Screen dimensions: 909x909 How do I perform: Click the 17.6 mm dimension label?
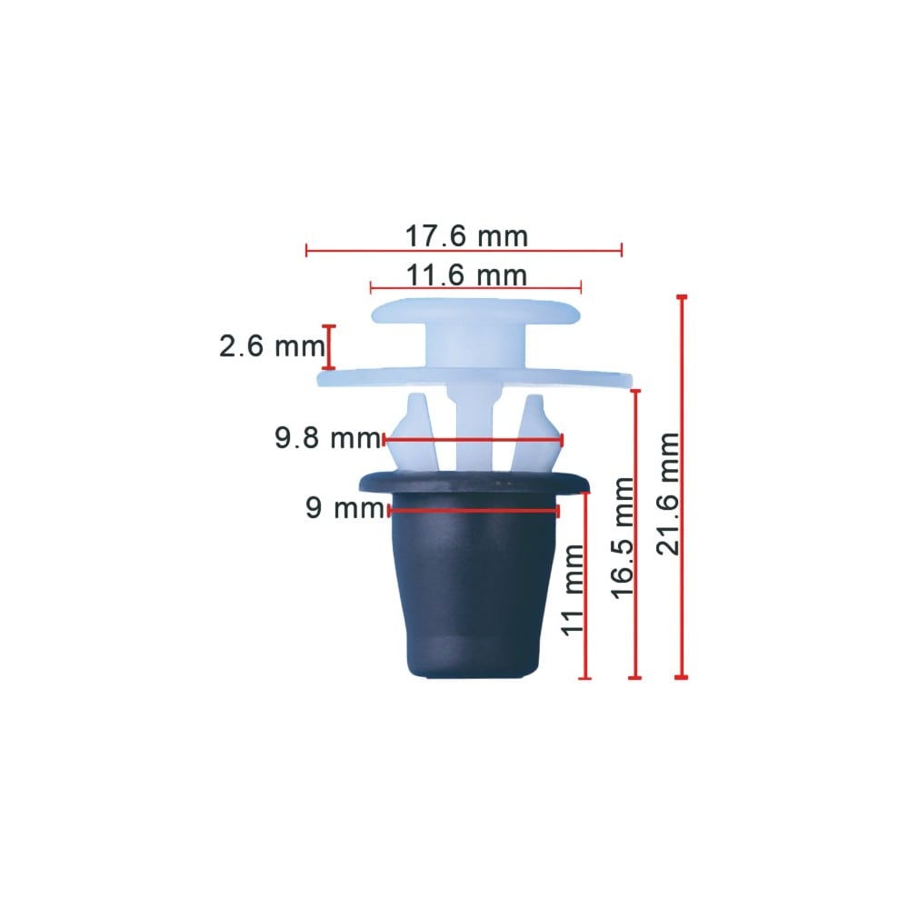(466, 236)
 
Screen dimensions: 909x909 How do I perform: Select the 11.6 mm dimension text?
(466, 275)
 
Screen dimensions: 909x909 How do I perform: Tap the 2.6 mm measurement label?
(272, 346)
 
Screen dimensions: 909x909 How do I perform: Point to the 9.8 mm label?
(327, 438)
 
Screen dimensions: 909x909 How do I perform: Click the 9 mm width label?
(345, 508)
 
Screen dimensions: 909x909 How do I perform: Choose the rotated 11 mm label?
(573, 590)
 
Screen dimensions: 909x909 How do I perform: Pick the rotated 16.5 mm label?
(623, 537)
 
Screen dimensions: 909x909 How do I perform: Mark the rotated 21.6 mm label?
(668, 494)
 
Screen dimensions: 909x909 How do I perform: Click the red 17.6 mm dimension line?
(464, 251)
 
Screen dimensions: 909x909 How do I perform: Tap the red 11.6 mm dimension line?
(475, 287)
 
